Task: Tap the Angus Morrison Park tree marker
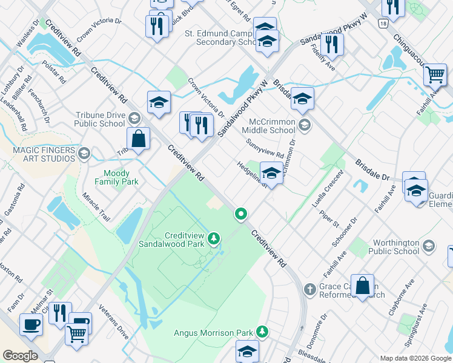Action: (262, 332)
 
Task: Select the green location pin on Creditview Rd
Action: (241, 214)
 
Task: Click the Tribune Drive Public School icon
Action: (134, 119)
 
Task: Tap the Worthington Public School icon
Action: (429, 246)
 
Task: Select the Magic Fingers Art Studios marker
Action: (84, 154)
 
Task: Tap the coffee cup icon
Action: (30, 324)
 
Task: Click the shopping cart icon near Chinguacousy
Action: (434, 75)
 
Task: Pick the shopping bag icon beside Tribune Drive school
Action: (139, 138)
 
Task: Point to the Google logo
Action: (20, 355)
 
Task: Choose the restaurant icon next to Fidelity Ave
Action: (331, 44)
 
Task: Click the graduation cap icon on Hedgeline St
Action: (271, 174)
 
